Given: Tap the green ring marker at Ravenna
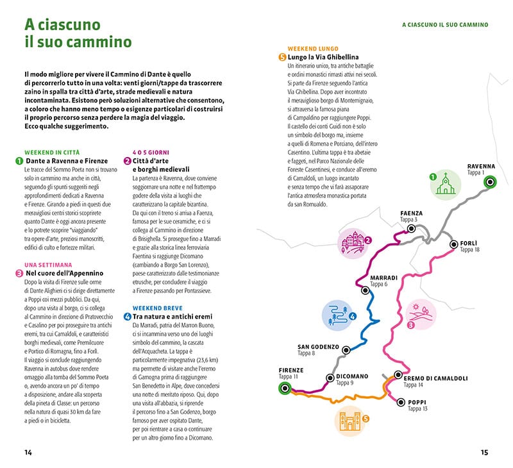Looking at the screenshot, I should click(490, 182).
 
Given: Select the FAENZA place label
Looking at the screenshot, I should click(412, 213).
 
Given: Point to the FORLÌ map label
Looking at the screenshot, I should click(468, 243).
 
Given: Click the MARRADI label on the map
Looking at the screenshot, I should click(384, 278).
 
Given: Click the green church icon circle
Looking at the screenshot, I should click(442, 185).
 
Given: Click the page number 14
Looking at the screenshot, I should click(28, 452).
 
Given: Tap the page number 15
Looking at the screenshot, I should click(485, 452).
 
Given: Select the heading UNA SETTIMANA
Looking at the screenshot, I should click(48, 264).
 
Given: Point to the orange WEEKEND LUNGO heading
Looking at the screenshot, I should click(313, 49).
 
